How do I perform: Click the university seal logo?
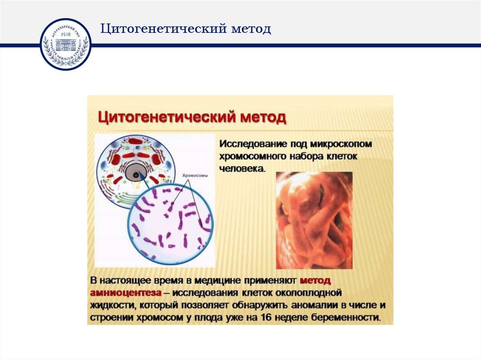pos(65,45)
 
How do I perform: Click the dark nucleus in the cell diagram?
pos(136,176)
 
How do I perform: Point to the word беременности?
pos(350,317)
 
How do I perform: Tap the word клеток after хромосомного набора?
pos(342,155)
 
